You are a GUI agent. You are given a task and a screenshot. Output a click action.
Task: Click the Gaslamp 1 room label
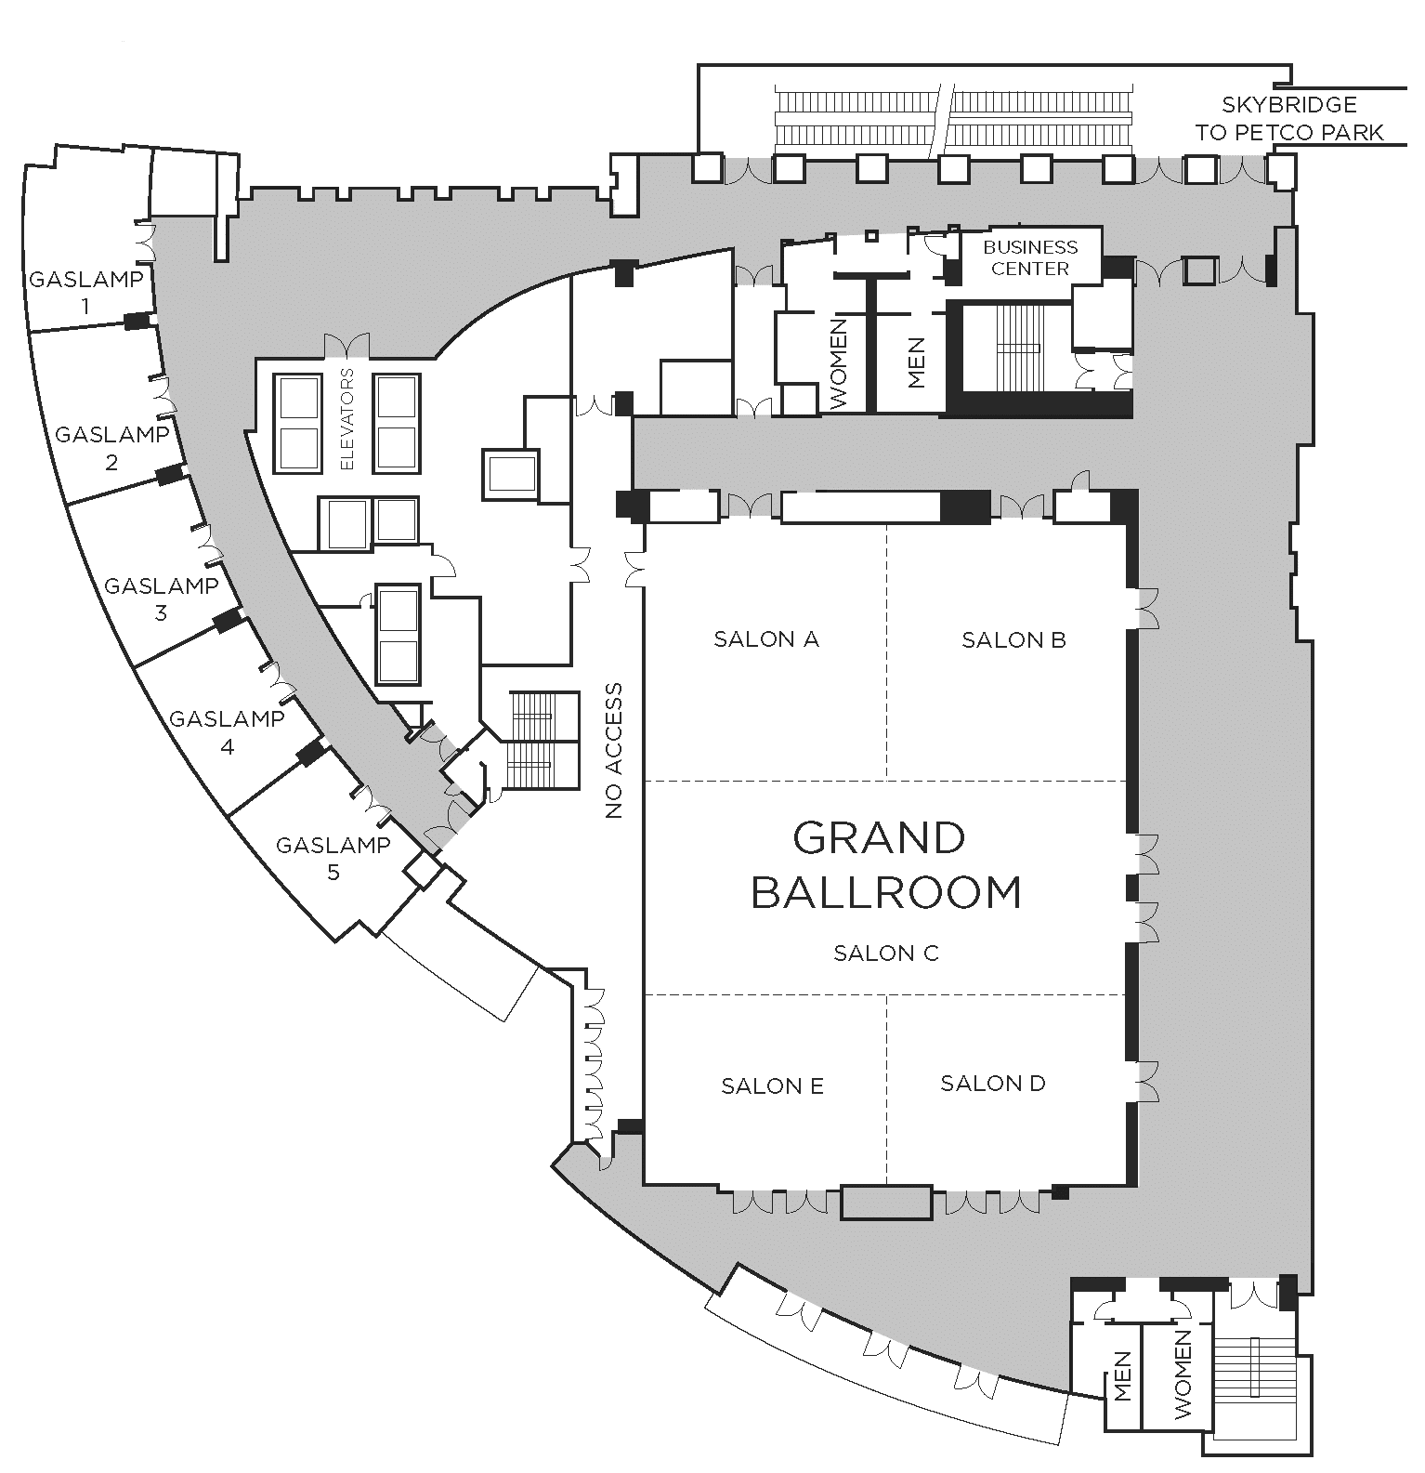[x=86, y=292]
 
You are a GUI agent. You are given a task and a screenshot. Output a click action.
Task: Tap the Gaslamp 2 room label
[x=112, y=447]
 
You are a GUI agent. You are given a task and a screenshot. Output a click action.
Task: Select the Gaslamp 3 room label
[x=161, y=598]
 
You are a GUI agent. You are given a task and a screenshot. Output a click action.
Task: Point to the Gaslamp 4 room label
[x=227, y=731]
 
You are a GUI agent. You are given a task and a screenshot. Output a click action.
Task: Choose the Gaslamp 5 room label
[x=333, y=858]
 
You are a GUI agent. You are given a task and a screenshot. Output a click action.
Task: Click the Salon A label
[x=766, y=638]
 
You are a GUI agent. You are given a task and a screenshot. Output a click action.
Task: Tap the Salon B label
[x=1013, y=639]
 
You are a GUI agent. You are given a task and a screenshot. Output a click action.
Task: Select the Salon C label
[x=886, y=953]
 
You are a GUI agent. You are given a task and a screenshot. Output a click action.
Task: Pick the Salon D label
[x=993, y=1083]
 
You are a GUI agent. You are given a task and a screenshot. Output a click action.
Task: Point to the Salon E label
[x=772, y=1085]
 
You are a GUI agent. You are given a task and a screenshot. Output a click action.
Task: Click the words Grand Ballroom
[x=885, y=864]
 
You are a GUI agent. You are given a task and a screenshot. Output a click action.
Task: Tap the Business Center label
[x=1030, y=257]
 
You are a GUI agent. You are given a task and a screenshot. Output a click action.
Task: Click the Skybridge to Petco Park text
[x=1289, y=119]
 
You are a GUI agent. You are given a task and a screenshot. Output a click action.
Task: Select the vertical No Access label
[x=613, y=751]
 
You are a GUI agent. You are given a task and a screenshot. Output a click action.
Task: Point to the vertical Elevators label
[x=348, y=419]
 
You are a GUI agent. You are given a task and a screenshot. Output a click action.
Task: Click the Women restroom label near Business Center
[x=839, y=363]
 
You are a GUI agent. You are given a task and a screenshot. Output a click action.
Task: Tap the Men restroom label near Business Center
[x=917, y=362]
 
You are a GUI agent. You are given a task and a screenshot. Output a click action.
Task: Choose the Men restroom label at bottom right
[x=1123, y=1376]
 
